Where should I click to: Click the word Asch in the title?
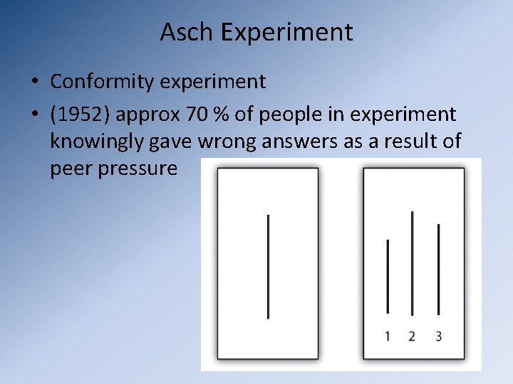click(x=187, y=32)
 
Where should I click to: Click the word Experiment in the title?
click(x=286, y=33)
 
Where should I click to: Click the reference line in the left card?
click(x=268, y=266)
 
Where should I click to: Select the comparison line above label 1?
click(x=388, y=277)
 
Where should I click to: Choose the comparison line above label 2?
click(x=413, y=263)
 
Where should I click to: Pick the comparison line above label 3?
click(x=438, y=270)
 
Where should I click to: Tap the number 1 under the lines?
click(x=388, y=336)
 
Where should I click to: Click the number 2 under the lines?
click(x=412, y=336)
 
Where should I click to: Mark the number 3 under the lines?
click(x=438, y=336)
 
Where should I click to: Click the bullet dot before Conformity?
click(x=34, y=82)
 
